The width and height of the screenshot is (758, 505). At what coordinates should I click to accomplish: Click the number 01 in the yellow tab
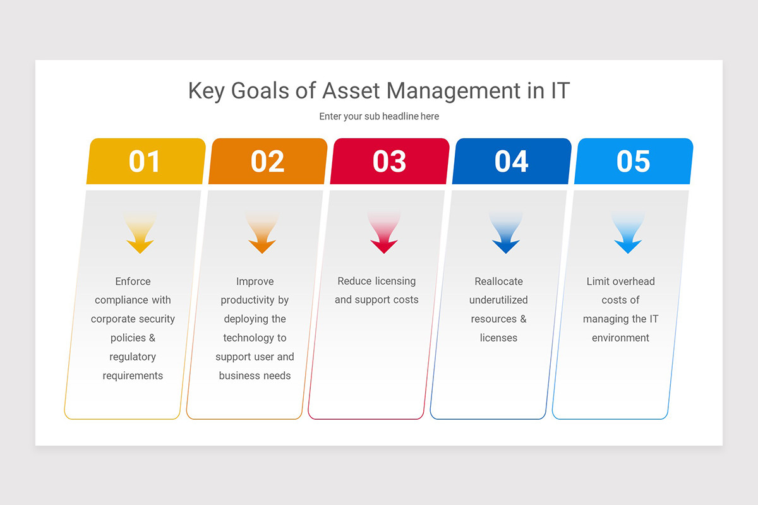[145, 162]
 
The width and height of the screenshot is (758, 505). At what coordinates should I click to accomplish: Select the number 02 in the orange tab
[267, 162]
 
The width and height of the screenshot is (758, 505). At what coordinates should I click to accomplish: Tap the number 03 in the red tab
[389, 162]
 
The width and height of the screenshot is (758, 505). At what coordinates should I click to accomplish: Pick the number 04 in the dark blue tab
[511, 162]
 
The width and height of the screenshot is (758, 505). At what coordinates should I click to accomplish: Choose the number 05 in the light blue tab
[633, 162]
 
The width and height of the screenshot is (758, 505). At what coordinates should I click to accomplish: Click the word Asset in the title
[351, 91]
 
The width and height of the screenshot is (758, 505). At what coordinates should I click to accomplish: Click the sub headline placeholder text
[379, 116]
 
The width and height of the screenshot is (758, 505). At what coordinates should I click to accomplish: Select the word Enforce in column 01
[133, 282]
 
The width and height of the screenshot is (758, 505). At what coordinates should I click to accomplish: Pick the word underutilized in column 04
[498, 300]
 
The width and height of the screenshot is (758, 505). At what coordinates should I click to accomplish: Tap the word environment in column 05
[620, 338]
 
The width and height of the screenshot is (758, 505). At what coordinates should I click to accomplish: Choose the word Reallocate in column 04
[498, 282]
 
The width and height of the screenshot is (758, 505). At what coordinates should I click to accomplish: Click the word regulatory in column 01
[133, 357]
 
